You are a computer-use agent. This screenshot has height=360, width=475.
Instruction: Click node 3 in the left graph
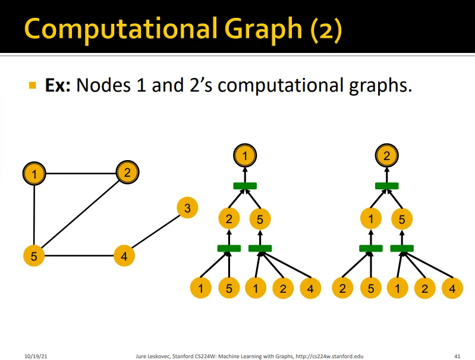coord(187,208)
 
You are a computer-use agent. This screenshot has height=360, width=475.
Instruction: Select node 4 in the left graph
coord(124,257)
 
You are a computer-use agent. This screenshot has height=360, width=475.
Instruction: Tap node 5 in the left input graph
coord(34,257)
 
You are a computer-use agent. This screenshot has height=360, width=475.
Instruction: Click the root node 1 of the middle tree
coord(244,156)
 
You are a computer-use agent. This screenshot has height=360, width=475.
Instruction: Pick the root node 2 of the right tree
coord(386,156)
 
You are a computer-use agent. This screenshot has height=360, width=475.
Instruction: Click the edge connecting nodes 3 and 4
coord(156,233)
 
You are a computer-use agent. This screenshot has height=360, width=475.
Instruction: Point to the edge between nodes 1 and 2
coord(80,174)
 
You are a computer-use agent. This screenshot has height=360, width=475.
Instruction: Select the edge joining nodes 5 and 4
coord(78,257)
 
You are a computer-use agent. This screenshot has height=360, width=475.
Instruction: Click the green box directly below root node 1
coord(244,186)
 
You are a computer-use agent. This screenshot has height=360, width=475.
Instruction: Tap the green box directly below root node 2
coord(386,186)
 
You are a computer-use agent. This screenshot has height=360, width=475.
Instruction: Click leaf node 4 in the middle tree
coord(310,289)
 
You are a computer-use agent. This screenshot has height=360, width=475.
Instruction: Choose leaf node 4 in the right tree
coord(452,289)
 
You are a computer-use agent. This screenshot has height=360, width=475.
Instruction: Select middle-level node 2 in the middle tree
coord(229,220)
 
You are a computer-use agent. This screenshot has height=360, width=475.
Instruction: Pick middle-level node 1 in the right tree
coord(371,220)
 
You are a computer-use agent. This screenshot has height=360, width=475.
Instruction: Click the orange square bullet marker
coord(33,86)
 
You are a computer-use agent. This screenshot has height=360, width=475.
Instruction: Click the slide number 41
coord(457,355)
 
